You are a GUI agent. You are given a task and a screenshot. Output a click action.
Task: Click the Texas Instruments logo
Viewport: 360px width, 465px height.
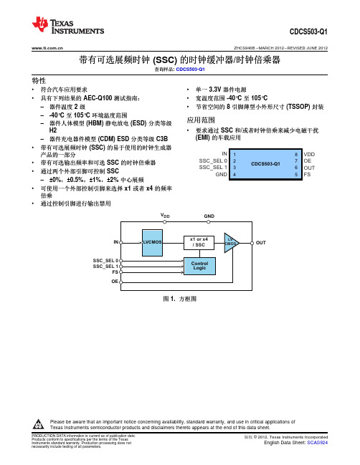coord(68,25)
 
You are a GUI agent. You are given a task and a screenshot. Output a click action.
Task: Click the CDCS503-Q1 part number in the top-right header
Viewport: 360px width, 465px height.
coord(308,32)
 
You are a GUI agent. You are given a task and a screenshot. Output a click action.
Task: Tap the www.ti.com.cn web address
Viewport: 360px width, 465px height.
coord(47,48)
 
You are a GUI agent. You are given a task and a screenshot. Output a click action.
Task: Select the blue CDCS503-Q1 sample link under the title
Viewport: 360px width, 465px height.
coord(190,69)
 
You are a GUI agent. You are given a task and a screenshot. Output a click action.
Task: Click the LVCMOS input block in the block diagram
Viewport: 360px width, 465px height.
coord(152,243)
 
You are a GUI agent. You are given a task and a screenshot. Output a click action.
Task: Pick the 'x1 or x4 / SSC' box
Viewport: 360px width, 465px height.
coord(199,242)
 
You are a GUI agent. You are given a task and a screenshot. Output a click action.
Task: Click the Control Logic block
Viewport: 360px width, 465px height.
coord(199,266)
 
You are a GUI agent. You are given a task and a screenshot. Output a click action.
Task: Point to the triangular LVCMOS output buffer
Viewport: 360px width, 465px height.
coord(231,243)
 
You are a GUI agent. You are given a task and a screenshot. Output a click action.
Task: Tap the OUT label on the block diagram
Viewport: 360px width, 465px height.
coord(260,243)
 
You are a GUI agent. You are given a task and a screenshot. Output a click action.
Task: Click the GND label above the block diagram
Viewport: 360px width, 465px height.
coord(209,216)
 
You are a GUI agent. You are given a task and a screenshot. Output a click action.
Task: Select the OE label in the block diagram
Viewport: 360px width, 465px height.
coord(115,282)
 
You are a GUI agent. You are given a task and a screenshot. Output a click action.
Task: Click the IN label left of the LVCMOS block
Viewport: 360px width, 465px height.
coord(116,242)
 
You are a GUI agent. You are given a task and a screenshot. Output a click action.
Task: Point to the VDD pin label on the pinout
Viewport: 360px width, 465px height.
coord(309,155)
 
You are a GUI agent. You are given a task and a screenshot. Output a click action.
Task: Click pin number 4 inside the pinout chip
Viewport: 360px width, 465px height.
coord(235,175)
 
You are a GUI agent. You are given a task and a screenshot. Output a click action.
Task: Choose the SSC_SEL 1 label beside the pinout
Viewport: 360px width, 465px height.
coord(213,167)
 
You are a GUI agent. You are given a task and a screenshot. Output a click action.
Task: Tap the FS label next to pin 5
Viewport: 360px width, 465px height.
coord(307,174)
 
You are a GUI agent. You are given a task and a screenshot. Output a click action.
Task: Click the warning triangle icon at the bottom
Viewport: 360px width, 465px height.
coord(38,424)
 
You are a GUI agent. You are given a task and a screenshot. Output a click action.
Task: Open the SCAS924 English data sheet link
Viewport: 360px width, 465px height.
coord(317,443)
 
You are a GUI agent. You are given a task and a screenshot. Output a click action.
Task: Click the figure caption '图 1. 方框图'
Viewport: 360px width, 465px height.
coord(179,299)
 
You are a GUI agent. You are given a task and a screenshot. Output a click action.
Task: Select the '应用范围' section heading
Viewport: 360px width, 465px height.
coord(201,120)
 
